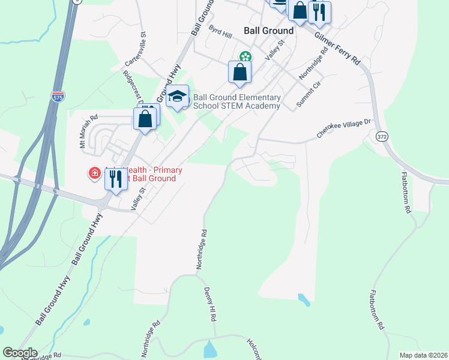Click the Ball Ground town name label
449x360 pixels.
pyautogui.click(x=268, y=31)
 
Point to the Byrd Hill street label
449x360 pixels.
pyautogui.click(x=220, y=32)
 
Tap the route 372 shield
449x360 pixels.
pyautogui.click(x=382, y=137)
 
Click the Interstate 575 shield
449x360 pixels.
pyautogui.click(x=58, y=97)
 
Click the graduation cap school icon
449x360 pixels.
pyautogui.click(x=178, y=96)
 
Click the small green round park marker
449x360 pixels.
pyautogui.click(x=245, y=57)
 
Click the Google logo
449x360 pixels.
pyautogui.click(x=20, y=353)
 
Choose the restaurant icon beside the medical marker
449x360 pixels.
pyautogui.click(x=116, y=178)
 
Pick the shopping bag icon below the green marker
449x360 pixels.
pyautogui.click(x=240, y=72)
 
